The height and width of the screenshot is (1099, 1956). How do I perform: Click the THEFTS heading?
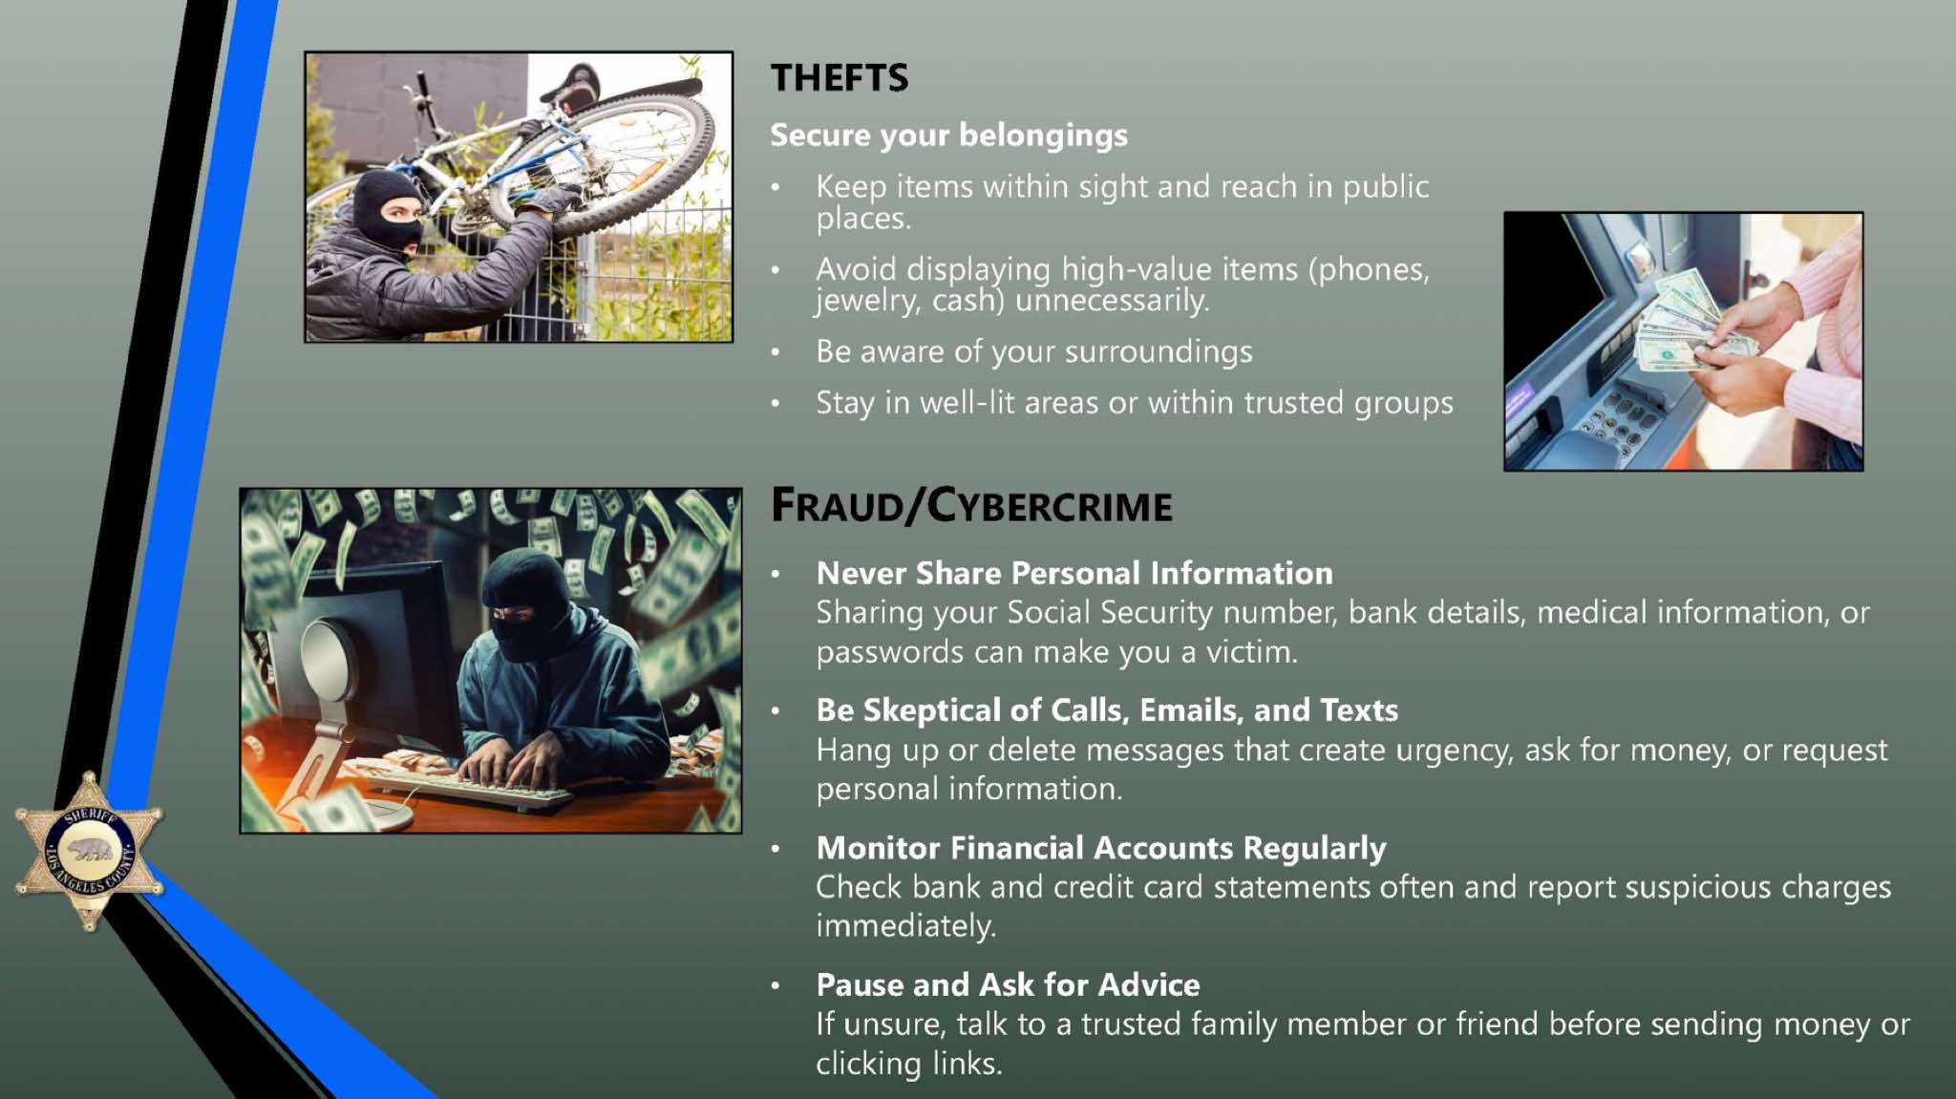(840, 77)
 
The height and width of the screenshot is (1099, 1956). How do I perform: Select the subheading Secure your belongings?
(948, 136)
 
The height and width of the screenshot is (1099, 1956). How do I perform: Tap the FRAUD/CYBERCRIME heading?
(971, 505)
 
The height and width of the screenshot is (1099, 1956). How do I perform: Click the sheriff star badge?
(89, 851)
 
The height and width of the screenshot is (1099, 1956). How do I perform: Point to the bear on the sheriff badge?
(90, 849)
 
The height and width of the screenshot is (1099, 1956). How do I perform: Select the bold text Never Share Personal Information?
(1074, 573)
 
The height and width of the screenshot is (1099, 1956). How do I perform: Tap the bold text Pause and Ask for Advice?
(1008, 984)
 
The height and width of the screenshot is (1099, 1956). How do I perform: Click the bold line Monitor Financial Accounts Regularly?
(1100, 848)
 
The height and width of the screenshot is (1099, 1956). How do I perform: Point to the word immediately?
(905, 926)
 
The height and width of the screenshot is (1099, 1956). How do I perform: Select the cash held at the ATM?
(1681, 320)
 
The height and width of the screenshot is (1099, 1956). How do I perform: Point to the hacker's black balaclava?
(531, 602)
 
